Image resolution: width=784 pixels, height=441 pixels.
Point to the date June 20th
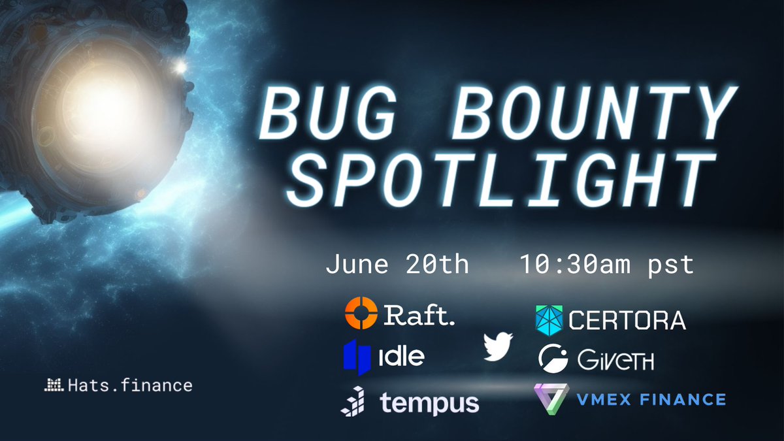397,265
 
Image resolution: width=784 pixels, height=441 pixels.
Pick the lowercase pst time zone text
666,265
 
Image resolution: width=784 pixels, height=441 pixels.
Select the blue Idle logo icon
355,355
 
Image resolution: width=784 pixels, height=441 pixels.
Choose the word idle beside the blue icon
401,356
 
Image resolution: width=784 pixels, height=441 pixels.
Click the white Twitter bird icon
498,347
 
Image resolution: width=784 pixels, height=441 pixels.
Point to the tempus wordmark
429,402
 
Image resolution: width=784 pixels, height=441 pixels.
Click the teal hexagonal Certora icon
549,319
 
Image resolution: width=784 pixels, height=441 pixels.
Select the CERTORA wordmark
627,320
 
